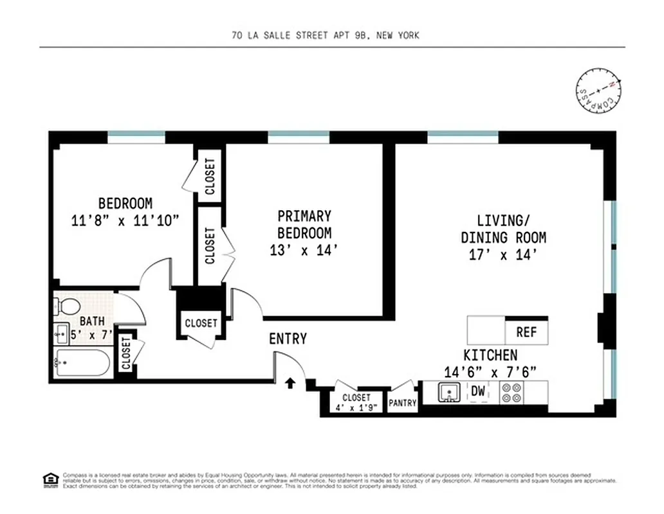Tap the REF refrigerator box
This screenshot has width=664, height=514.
point(526,333)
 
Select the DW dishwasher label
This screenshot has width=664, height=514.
point(477,391)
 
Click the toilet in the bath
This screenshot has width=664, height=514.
point(67,305)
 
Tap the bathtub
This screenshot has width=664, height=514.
point(82,364)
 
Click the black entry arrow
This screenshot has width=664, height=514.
point(290,384)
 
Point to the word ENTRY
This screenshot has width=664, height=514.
point(288,339)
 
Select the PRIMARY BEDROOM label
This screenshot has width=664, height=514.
point(304,224)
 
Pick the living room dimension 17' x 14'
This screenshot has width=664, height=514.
point(503,254)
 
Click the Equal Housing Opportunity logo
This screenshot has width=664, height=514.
point(49,479)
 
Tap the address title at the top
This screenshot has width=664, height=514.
point(325,35)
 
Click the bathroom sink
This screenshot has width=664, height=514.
point(61,333)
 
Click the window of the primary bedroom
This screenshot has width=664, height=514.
point(299,137)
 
